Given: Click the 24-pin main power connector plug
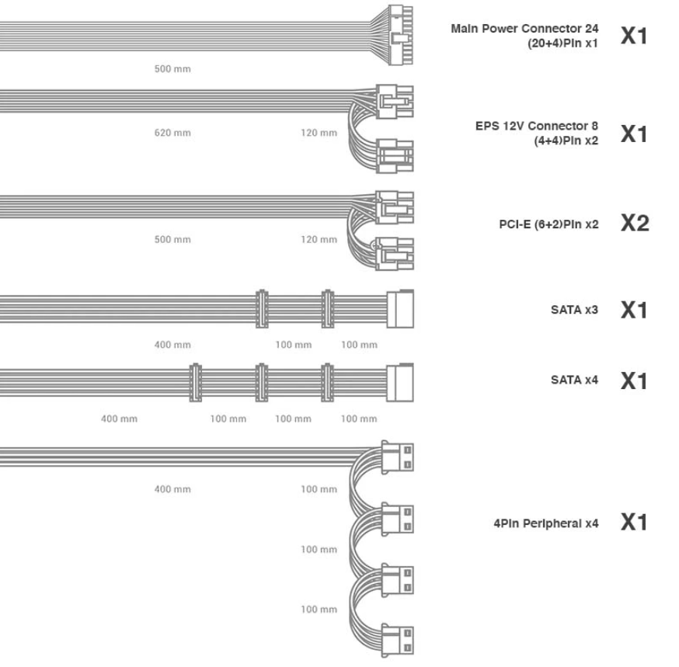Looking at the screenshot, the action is click(x=401, y=35).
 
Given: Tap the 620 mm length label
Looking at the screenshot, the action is click(x=172, y=133).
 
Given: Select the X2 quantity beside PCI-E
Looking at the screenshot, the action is click(x=635, y=224).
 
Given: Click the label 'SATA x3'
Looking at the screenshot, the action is click(x=574, y=310).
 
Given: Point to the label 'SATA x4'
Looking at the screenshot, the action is click(x=574, y=380).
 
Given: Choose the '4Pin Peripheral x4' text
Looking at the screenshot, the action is click(x=546, y=523).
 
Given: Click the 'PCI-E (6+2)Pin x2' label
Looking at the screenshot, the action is click(x=548, y=224).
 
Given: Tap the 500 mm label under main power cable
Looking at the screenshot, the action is click(x=172, y=69).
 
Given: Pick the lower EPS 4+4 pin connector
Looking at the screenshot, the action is click(x=395, y=156).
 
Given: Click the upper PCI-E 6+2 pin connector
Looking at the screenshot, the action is click(x=395, y=207).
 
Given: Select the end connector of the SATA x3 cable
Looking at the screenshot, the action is click(x=399, y=308).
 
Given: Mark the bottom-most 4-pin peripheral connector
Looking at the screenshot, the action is click(x=397, y=640).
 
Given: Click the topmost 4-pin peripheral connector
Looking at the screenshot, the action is click(x=397, y=457).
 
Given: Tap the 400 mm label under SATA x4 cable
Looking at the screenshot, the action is click(x=119, y=419).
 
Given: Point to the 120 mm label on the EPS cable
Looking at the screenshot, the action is click(x=319, y=133).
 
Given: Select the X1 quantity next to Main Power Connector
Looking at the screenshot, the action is click(x=634, y=36).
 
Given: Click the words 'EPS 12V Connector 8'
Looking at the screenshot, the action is click(x=537, y=126).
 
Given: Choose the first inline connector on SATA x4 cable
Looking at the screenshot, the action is click(x=195, y=383).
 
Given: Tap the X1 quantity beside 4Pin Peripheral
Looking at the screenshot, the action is click(x=634, y=523).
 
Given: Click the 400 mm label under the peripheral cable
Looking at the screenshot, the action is click(x=172, y=489).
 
